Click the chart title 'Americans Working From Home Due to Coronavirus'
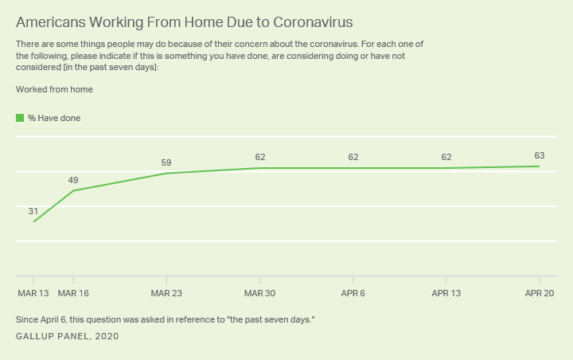[x=184, y=22]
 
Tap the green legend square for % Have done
[x=20, y=118]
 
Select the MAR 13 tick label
[x=33, y=293]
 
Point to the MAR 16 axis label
[x=73, y=293]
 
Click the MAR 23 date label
[x=166, y=293]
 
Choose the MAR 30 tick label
[x=259, y=293]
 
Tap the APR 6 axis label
[x=353, y=293]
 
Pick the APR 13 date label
[x=446, y=293]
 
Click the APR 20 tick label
[x=540, y=293]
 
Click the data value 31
[x=33, y=211]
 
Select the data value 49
[x=73, y=180]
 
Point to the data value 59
[x=166, y=162]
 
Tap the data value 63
[x=540, y=155]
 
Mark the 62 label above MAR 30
[x=259, y=157]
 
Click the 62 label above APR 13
[x=446, y=157]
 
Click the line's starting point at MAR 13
[x=33, y=221]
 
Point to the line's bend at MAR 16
[x=73, y=190]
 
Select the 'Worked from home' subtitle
[x=54, y=89]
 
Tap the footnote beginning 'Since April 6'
[x=166, y=319]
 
